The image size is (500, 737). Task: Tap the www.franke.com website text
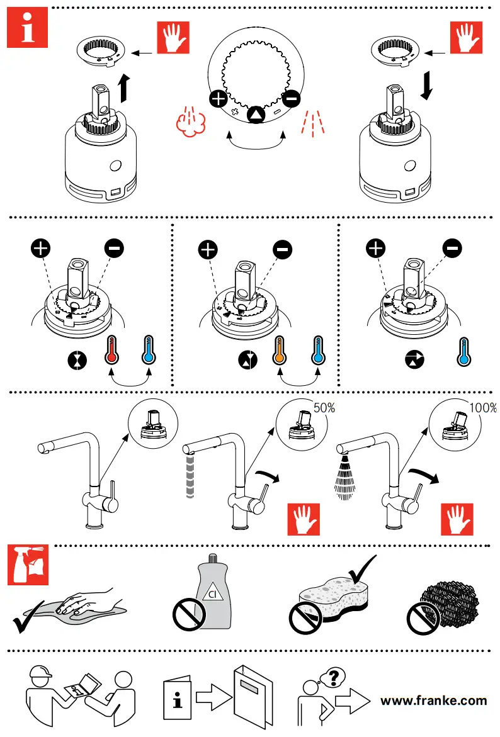[434, 700]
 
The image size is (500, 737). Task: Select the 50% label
[324, 408]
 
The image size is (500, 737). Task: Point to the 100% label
[483, 408]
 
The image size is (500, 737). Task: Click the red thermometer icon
[112, 353]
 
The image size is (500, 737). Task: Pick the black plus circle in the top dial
[218, 99]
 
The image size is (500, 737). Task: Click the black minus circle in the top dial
[291, 99]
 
